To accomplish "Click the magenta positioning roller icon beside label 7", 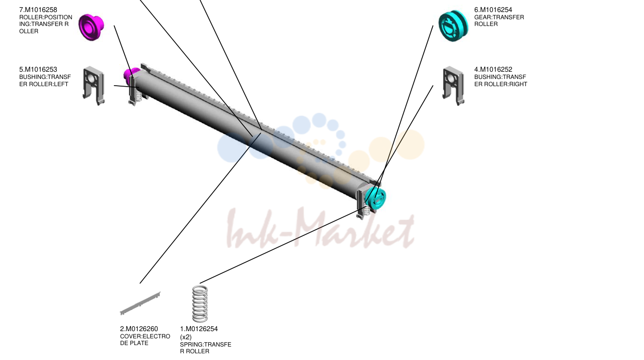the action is (x=91, y=27).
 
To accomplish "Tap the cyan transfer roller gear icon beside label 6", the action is (x=454, y=26).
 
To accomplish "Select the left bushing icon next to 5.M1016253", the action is (x=94, y=86).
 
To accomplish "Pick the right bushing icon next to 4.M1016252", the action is (x=454, y=86).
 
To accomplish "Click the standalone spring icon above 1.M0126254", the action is (x=200, y=304).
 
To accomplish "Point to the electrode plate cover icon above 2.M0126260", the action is (x=140, y=303).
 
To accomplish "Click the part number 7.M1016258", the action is (x=38, y=10).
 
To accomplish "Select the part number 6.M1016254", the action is (x=493, y=10).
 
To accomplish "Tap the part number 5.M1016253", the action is (x=38, y=70).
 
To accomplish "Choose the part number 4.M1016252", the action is (x=493, y=70).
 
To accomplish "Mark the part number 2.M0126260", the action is (x=139, y=329).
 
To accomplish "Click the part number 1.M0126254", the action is (x=199, y=329).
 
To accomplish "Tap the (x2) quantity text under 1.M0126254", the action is (x=186, y=337).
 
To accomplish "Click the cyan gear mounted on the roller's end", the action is (x=376, y=199).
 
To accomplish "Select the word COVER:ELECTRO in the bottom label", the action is (x=145, y=336).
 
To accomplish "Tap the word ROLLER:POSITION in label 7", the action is (x=46, y=17).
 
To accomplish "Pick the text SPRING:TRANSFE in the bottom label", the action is (x=205, y=345).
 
